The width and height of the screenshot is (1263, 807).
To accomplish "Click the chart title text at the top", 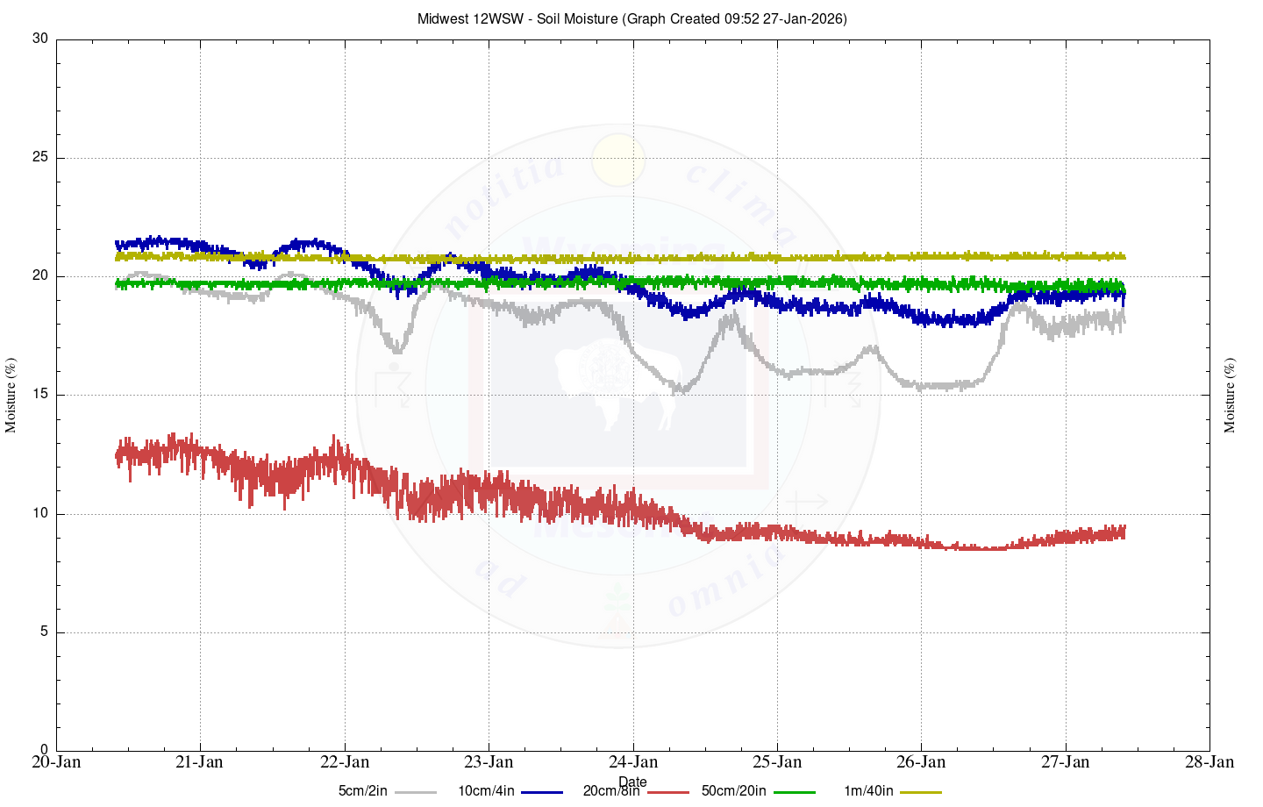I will coord(631,18).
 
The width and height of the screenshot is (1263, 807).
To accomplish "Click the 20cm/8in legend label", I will coord(611,791).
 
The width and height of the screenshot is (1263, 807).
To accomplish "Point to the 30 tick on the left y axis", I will coord(39,39).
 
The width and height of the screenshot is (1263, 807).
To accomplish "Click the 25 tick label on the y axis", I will coord(39,158).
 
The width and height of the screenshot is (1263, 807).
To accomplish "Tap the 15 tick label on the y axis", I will coord(39,395).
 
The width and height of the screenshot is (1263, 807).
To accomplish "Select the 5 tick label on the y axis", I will coord(43,632).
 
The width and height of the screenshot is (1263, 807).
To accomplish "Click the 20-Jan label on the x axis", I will coord(57,761).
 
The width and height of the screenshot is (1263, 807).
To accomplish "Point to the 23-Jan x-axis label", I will coord(489,761).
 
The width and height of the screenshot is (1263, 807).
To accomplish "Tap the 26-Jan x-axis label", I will coord(922,761).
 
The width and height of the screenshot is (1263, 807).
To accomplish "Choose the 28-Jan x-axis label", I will coord(1209,761).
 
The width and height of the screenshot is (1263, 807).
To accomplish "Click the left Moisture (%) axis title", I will coord(11,395).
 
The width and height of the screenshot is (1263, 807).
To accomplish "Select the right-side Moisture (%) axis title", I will coord(1230,395).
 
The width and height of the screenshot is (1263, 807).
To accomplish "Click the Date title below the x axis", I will coord(632,782).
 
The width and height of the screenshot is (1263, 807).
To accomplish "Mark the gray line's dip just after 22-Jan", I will coord(397,350).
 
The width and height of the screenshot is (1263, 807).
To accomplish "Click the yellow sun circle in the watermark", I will coord(618,161).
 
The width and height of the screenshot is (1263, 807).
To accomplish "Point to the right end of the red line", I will coord(1124,532).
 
